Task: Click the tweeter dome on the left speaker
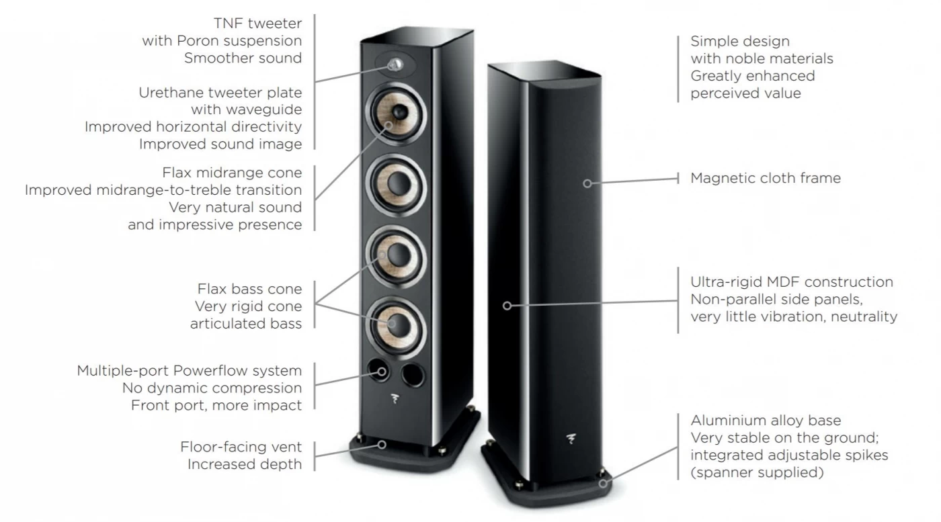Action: click(395, 64)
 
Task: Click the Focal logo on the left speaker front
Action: click(395, 398)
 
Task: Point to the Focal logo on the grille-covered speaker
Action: click(571, 439)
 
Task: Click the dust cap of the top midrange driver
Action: click(399, 112)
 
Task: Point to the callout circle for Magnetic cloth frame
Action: click(587, 183)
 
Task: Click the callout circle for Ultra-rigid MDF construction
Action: click(507, 306)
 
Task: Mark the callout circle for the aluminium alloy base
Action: click(603, 483)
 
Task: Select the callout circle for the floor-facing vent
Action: click(382, 444)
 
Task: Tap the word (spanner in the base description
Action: click(720, 473)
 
